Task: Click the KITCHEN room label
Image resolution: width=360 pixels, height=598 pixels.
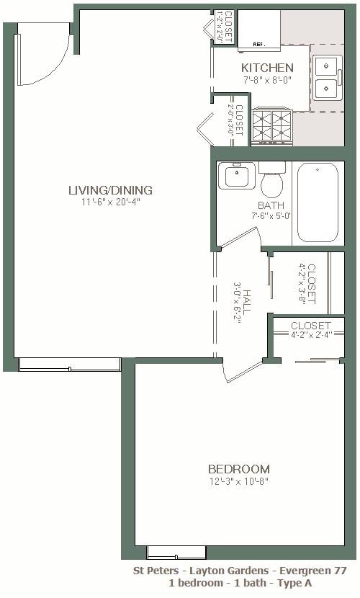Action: coord(267,68)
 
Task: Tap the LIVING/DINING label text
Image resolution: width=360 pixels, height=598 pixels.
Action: coord(110,190)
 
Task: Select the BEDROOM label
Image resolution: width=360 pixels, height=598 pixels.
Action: coord(238,469)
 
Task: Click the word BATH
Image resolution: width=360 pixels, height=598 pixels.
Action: coord(271,205)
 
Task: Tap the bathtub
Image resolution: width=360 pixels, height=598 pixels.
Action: coord(318,202)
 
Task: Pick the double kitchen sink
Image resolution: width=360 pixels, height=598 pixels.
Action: coord(328,78)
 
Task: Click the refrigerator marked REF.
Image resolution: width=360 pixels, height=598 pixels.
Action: coord(259,32)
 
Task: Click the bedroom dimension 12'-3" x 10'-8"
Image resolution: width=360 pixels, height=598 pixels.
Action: coord(238,481)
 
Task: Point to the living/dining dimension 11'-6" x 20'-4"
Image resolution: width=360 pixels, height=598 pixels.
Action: coord(110,202)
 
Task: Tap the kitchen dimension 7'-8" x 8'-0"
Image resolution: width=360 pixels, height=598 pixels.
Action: coord(267,80)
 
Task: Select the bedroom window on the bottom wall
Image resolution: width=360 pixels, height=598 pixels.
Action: coord(166,552)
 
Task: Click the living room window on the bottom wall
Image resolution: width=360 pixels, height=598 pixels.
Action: coord(69,364)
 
